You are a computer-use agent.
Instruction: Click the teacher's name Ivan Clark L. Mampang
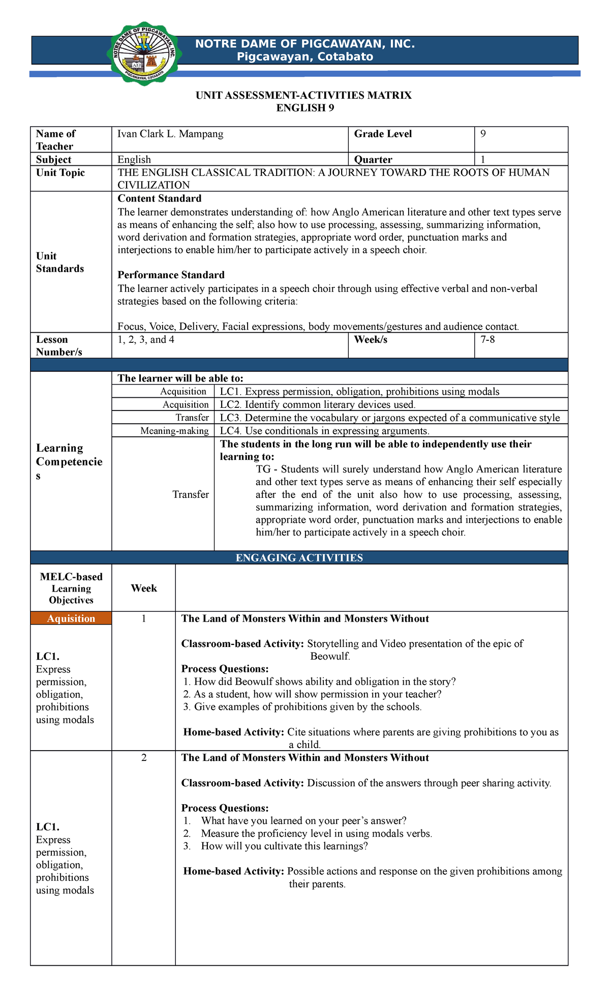click(x=170, y=134)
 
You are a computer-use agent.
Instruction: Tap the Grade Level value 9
click(x=483, y=134)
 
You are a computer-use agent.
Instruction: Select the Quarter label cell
click(x=373, y=159)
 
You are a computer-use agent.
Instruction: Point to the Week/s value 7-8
click(x=487, y=339)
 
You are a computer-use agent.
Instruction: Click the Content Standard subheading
click(x=159, y=198)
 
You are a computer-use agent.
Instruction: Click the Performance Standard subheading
click(x=171, y=275)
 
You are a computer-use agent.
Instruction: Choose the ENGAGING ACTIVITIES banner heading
click(x=299, y=557)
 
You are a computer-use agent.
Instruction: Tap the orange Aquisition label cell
click(x=71, y=618)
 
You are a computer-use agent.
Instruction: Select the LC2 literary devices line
click(x=318, y=404)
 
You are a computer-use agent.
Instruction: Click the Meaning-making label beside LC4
click(x=174, y=431)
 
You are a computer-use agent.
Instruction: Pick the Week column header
click(x=144, y=588)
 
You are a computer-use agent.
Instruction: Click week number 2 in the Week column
click(x=144, y=757)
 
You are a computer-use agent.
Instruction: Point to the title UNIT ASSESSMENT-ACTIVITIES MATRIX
click(x=303, y=95)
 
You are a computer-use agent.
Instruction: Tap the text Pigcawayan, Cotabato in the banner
click(x=305, y=57)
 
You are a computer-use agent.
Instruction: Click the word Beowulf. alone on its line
click(x=330, y=656)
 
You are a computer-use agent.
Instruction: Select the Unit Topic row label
click(x=60, y=172)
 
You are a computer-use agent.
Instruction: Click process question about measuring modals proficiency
click(x=316, y=833)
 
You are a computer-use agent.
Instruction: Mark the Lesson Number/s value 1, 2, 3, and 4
click(x=146, y=339)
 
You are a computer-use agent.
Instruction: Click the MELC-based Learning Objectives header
click(x=71, y=588)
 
